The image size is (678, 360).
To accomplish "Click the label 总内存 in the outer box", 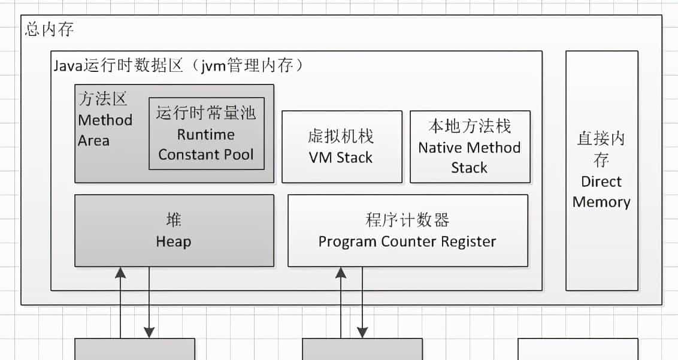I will tap(50, 29).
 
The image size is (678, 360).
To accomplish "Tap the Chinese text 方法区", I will tap(103, 99).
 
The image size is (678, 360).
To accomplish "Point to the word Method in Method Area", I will tap(105, 120).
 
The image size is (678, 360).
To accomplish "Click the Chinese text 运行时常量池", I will tap(206, 113).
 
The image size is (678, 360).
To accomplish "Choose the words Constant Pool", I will tap(206, 155).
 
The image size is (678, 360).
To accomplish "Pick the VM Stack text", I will tap(341, 158).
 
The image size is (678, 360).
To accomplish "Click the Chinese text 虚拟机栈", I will tap(341, 137).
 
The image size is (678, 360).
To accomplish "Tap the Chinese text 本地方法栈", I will tap(470, 126).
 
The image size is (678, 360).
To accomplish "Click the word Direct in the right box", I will tap(601, 182).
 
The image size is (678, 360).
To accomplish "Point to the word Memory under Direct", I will tap(601, 202).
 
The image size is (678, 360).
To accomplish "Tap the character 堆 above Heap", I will tap(173, 220).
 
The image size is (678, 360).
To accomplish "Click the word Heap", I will tap(173, 242).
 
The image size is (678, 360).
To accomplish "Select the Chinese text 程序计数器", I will tap(407, 220).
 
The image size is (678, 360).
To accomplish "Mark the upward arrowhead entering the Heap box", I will tap(121, 273).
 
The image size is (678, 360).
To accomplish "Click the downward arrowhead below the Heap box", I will tap(149, 332).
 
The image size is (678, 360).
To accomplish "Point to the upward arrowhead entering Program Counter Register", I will tap(341, 273).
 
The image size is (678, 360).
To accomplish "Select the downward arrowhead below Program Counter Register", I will tap(362, 332).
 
